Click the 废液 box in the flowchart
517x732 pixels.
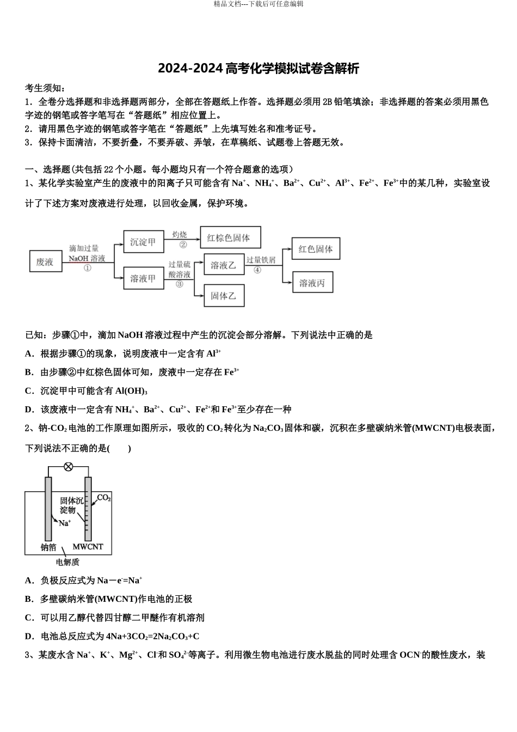point(45,262)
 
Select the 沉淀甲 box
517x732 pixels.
point(143,242)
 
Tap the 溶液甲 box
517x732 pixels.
point(143,279)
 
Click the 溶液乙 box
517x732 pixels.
point(223,265)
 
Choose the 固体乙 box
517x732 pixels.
point(223,296)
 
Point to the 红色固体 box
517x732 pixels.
point(316,249)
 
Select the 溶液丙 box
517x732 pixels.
point(312,283)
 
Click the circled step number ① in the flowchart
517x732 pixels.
point(87,267)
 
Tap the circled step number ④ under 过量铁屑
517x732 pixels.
point(257,270)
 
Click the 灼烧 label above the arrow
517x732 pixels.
point(180,234)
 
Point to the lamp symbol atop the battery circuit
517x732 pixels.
point(69,466)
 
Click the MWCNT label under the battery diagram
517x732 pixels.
point(88,547)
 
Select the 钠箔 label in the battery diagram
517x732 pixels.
point(48,547)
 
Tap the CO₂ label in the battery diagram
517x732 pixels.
point(104,498)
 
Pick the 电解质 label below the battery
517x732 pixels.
point(67,562)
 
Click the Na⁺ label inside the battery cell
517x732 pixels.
point(65,523)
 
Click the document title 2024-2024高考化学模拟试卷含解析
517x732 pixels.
point(258,69)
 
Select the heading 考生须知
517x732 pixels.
point(45,88)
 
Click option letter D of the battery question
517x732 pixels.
point(29,636)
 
